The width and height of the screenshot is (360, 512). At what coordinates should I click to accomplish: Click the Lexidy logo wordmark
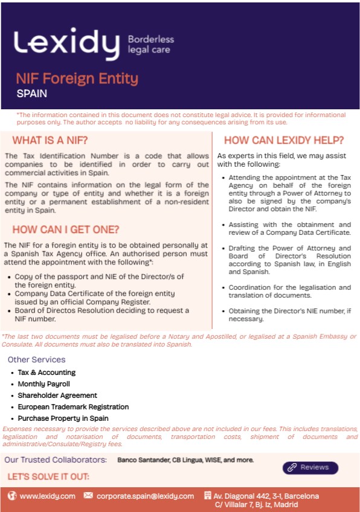pyautogui.click(x=66, y=44)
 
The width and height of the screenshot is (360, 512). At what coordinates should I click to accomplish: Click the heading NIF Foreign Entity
pyautogui.click(x=77, y=78)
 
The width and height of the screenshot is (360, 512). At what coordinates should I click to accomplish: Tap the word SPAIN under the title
pyautogui.click(x=32, y=94)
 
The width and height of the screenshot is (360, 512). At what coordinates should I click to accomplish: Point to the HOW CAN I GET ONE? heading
pyautogui.click(x=66, y=229)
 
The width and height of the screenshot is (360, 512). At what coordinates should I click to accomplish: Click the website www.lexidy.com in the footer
pyautogui.click(x=48, y=496)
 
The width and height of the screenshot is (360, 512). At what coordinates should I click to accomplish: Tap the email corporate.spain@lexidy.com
pyautogui.click(x=145, y=496)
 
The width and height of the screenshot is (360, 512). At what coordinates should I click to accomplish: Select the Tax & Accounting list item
pyautogui.click(x=47, y=373)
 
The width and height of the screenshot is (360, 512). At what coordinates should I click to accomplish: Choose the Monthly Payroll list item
pyautogui.click(x=44, y=384)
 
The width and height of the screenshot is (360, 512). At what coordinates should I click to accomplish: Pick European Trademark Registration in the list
pyautogui.click(x=73, y=407)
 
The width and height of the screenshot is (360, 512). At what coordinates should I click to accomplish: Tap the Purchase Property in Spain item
pyautogui.click(x=63, y=418)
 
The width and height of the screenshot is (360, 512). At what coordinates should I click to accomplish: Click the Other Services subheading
pyautogui.click(x=37, y=360)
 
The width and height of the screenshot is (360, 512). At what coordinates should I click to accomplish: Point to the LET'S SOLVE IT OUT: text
pyautogui.click(x=48, y=476)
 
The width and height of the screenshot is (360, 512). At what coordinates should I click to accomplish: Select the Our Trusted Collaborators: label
pyautogui.click(x=56, y=460)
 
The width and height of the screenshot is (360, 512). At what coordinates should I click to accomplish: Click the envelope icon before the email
pyautogui.click(x=88, y=496)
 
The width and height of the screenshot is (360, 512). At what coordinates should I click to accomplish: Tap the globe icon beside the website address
pyautogui.click(x=12, y=496)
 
